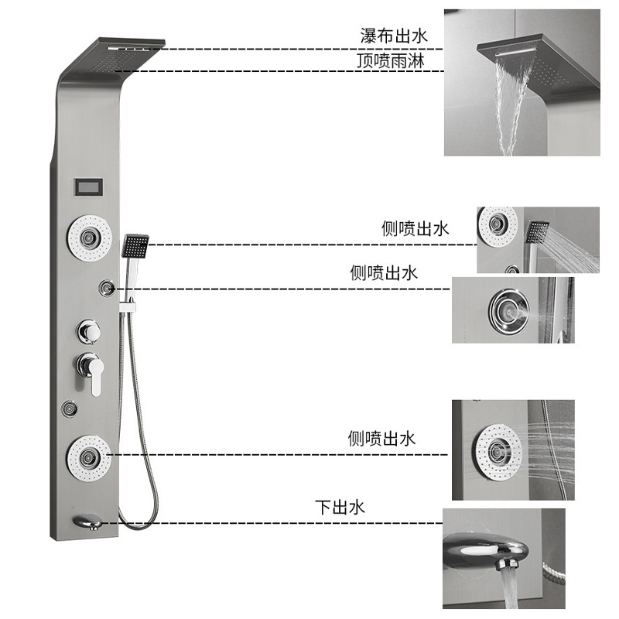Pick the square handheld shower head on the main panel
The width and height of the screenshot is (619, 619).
point(135,247)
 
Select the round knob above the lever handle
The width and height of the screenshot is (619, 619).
point(87,333)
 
